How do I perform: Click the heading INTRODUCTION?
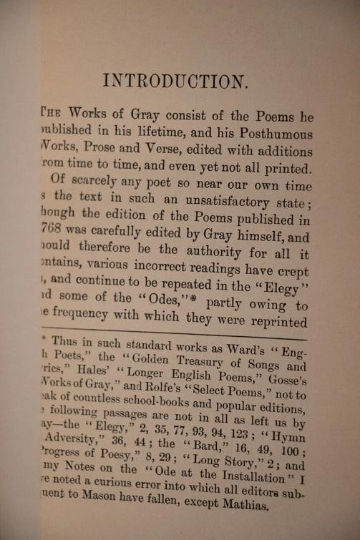175,80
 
